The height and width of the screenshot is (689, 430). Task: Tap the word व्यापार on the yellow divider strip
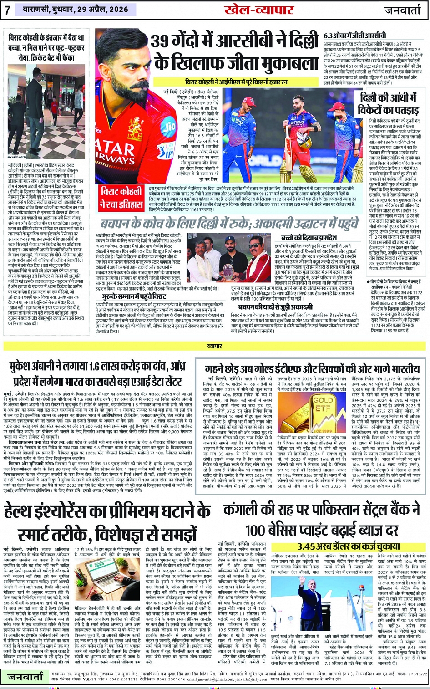(x=215, y=346)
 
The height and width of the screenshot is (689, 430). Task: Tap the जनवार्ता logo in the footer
(x=25, y=677)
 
